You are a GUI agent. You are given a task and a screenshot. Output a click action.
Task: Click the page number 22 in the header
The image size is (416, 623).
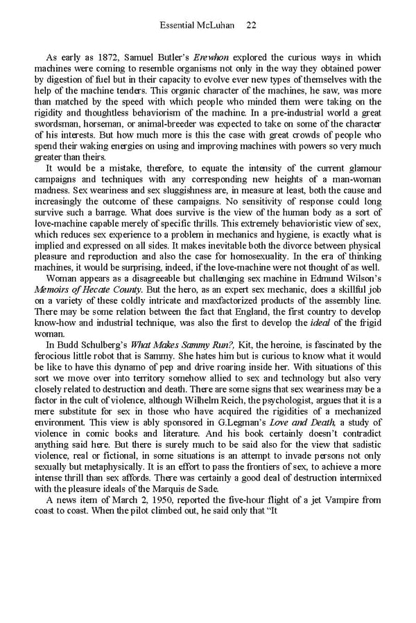pos(252,26)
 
